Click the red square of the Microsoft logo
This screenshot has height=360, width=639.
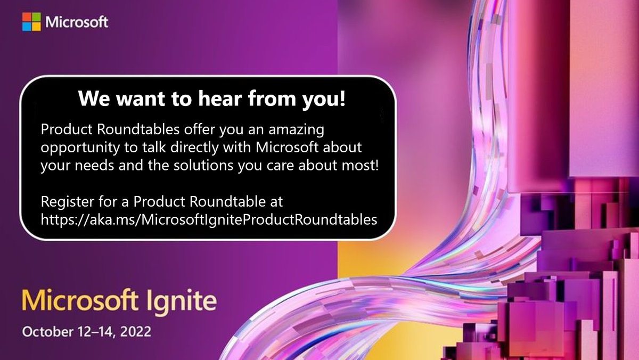click(27, 17)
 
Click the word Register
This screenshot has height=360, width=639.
click(64, 202)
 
